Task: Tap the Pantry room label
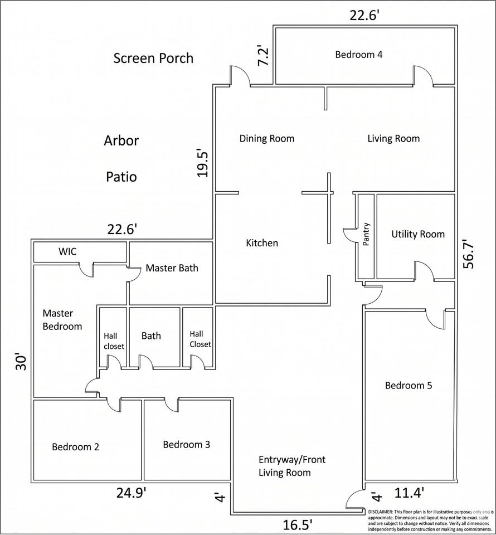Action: tap(366, 234)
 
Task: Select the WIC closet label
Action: tap(67, 251)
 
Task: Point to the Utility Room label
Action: tap(418, 234)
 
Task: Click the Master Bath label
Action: tap(172, 268)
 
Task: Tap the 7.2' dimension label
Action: tap(263, 56)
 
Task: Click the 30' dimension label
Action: tap(20, 364)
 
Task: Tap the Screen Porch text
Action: tap(153, 58)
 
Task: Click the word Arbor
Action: tap(121, 140)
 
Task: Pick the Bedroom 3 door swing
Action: tap(171, 405)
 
